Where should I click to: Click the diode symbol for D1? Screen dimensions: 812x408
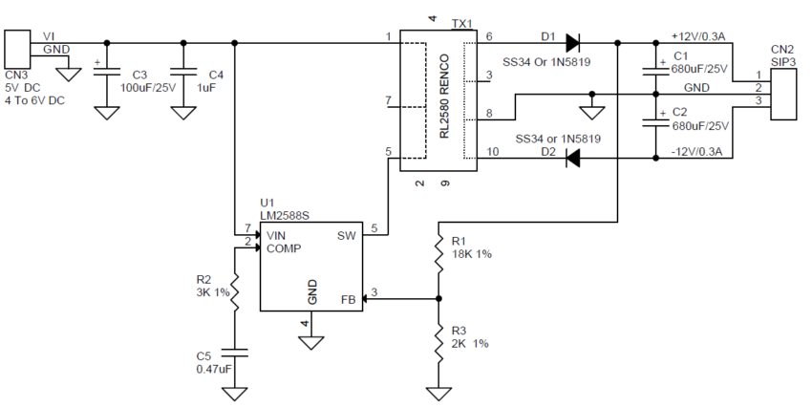(572, 43)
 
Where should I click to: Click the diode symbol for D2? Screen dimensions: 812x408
(572, 158)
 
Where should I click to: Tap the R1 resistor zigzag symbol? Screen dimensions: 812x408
(438, 254)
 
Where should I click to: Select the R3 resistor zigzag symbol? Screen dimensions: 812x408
(438, 344)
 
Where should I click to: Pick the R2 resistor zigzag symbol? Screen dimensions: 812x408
(234, 292)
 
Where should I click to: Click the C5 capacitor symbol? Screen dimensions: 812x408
(234, 354)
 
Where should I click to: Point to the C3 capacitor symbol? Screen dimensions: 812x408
(107, 72)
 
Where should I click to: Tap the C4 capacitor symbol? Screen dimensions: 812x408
(183, 72)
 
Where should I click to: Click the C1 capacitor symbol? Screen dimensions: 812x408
(655, 70)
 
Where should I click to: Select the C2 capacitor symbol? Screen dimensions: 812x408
(655, 121)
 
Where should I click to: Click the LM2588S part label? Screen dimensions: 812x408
(285, 215)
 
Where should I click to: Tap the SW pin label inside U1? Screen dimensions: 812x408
(347, 236)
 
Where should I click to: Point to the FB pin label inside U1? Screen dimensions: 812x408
(349, 300)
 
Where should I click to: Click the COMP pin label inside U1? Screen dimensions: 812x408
(284, 249)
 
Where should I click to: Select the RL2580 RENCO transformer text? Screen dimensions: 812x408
(444, 97)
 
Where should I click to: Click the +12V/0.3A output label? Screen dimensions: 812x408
(698, 36)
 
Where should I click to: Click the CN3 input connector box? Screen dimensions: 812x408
(17, 48)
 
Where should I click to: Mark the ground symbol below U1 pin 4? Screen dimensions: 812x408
(311, 342)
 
